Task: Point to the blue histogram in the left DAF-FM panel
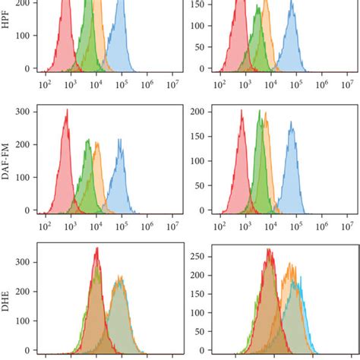click(118, 178)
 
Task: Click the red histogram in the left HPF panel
click(66, 38)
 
